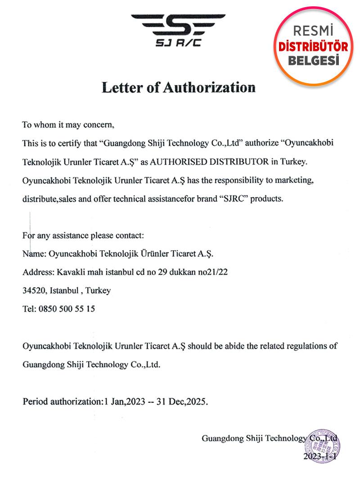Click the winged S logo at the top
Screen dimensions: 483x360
tap(178, 25)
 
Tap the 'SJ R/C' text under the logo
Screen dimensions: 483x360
tap(178, 44)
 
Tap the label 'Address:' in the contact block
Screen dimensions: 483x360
tap(38, 272)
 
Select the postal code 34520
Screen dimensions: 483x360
tap(33, 290)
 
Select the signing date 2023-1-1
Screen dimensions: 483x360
tap(320, 457)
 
